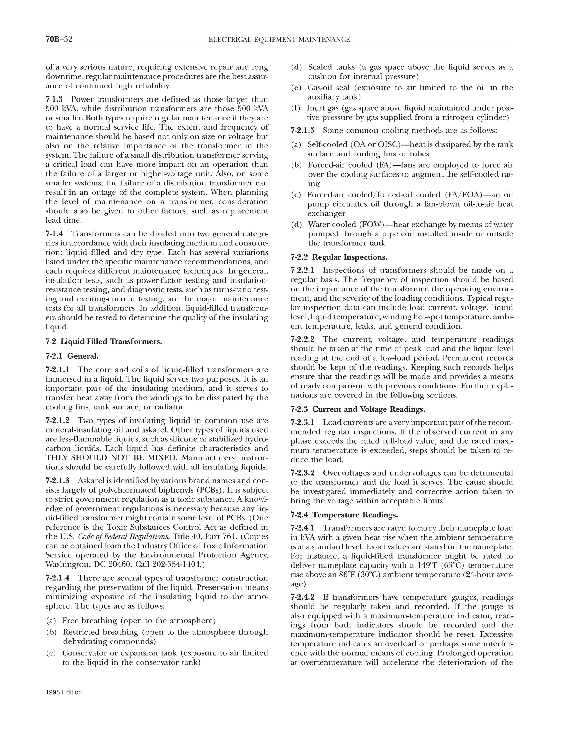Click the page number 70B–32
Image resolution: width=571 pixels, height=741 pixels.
59,39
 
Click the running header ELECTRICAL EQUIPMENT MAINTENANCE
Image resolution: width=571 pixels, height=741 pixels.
279,40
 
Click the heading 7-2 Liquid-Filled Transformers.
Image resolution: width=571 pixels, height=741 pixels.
104,341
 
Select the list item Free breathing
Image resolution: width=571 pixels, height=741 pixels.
139,621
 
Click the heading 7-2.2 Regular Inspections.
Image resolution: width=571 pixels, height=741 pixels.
338,257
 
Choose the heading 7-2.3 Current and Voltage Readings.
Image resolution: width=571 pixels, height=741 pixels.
358,409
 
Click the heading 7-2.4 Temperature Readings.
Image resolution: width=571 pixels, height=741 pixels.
344,515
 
